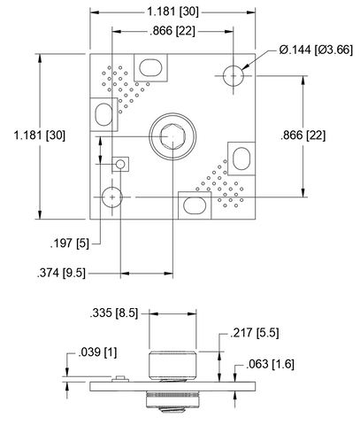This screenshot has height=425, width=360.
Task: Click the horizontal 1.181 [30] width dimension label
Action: coord(173,12)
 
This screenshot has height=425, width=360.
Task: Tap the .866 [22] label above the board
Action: coord(173,31)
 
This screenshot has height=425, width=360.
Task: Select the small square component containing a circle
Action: coord(121,164)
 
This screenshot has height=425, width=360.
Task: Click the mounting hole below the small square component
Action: coord(112,196)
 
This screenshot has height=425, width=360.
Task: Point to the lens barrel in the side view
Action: coord(173,363)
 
